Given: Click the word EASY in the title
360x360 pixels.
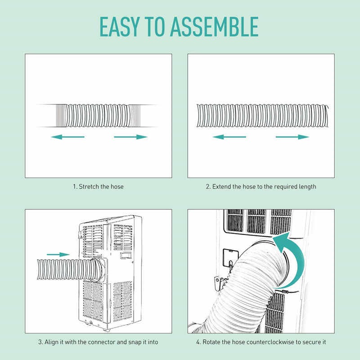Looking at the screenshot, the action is pos(120,27).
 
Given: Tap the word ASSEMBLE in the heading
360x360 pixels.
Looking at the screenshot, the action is pos(214,27).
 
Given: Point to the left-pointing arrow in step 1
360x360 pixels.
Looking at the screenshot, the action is pos(68,137).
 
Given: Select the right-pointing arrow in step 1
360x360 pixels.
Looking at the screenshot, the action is pos(130,137).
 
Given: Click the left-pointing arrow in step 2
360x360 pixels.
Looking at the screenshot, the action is pos(229,137).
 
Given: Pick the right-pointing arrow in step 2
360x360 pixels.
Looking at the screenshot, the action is pos(292,137).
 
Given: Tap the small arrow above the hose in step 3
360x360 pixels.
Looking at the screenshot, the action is pos(58,254).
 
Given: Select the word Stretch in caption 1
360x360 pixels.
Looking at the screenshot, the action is pos(90,187).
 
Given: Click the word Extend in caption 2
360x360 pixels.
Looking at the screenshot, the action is pos(221,187).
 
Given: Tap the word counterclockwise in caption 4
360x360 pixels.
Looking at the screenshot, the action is pos(263,342).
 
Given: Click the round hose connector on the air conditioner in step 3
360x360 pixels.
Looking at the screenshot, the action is pos(99,270).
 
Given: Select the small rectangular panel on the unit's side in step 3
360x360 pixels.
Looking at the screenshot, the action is pos(126,255).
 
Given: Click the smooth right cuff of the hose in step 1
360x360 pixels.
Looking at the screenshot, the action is pos(135,116).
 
